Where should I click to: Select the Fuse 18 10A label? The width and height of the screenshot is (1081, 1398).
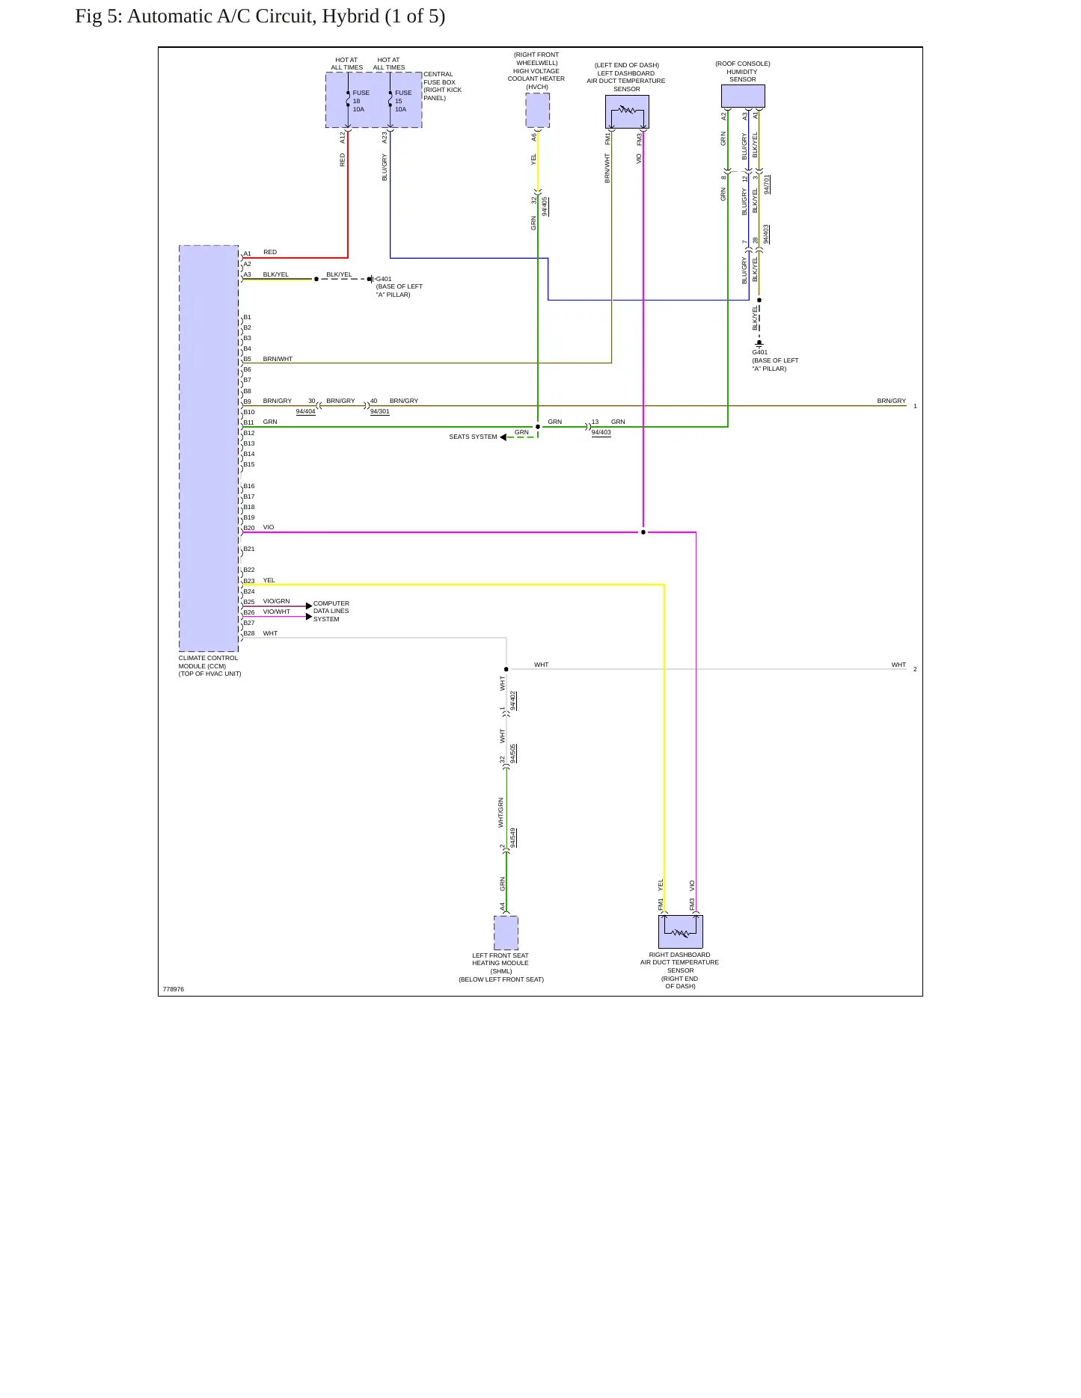(x=361, y=101)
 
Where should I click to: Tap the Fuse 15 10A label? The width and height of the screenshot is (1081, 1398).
(x=403, y=101)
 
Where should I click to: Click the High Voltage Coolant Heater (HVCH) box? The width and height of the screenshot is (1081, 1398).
(x=537, y=111)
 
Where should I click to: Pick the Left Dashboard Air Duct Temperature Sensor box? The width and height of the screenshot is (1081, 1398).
(x=627, y=112)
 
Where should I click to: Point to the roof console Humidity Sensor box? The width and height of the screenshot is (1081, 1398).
(x=743, y=96)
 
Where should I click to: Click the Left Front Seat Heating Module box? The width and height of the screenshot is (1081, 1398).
(x=506, y=933)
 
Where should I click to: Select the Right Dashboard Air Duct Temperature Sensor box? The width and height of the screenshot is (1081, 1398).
(x=681, y=932)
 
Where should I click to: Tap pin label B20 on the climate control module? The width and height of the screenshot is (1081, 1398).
(x=249, y=528)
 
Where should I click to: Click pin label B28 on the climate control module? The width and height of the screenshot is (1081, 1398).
(x=249, y=633)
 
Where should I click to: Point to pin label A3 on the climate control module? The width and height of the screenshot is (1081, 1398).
(x=248, y=274)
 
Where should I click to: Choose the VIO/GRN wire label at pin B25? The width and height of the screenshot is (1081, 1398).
(x=276, y=601)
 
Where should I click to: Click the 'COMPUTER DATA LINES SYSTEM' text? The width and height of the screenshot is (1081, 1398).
(x=331, y=612)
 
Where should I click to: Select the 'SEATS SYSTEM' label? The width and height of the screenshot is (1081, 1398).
(x=473, y=437)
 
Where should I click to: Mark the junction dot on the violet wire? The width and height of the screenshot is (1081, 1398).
(x=643, y=532)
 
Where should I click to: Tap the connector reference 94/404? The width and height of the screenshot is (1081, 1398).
(x=305, y=412)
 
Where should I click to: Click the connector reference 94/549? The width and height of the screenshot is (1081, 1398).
(x=513, y=837)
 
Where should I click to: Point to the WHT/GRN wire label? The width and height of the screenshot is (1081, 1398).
(x=501, y=813)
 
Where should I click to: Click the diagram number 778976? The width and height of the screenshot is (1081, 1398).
(x=174, y=989)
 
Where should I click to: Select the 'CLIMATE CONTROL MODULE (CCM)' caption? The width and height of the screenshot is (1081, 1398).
(x=208, y=662)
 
